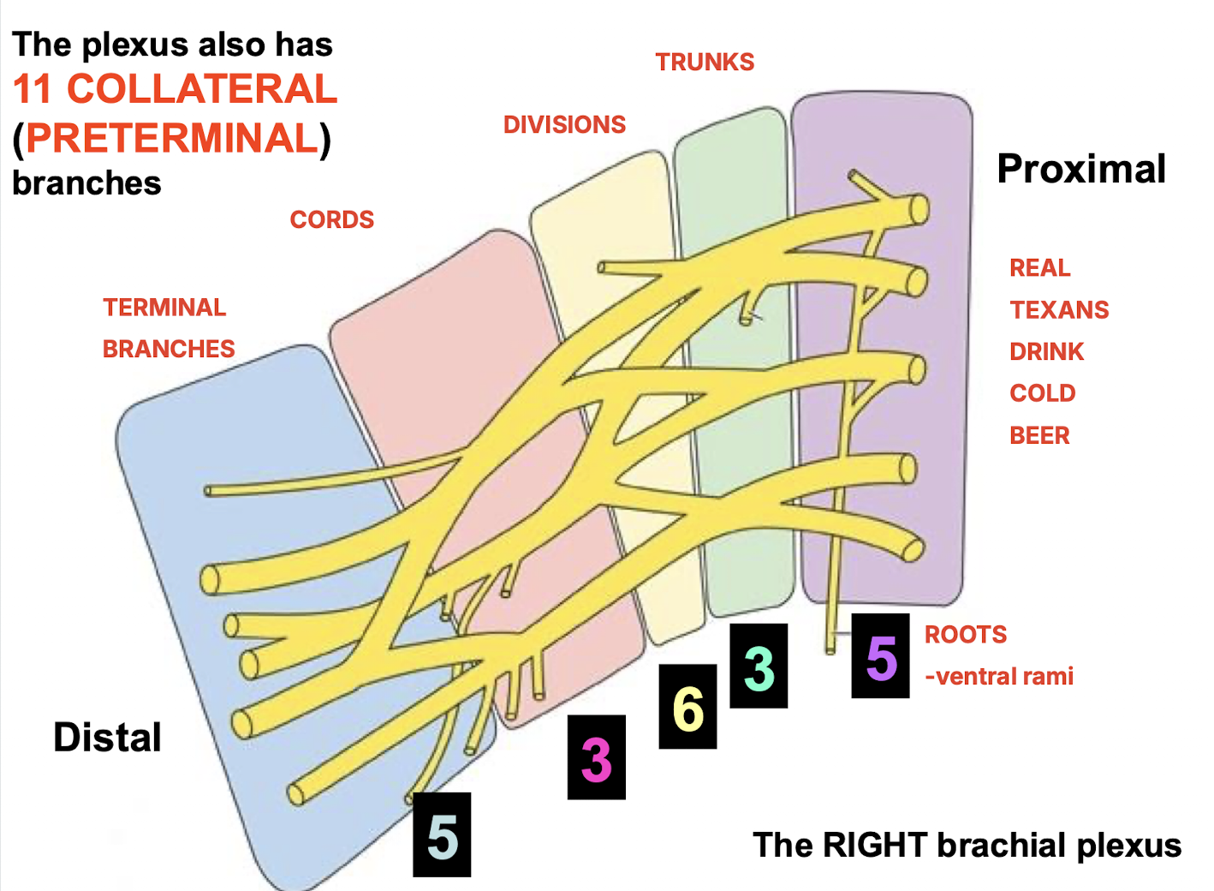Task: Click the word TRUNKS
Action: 705,63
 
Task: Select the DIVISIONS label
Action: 564,125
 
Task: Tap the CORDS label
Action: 332,220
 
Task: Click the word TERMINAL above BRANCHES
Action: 164,308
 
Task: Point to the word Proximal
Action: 1081,170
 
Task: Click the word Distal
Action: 107,738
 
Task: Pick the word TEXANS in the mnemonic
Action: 1059,310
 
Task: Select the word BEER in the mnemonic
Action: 1039,436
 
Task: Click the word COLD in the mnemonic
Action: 1042,393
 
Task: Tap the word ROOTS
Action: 965,635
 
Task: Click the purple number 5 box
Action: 880,656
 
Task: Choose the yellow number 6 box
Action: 687,707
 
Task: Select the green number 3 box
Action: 759,666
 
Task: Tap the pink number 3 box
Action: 596,757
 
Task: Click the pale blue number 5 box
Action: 442,834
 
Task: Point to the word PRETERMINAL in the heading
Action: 172,139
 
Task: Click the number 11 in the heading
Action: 33,89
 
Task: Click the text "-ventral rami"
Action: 998,677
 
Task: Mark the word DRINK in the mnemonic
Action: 1046,352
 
